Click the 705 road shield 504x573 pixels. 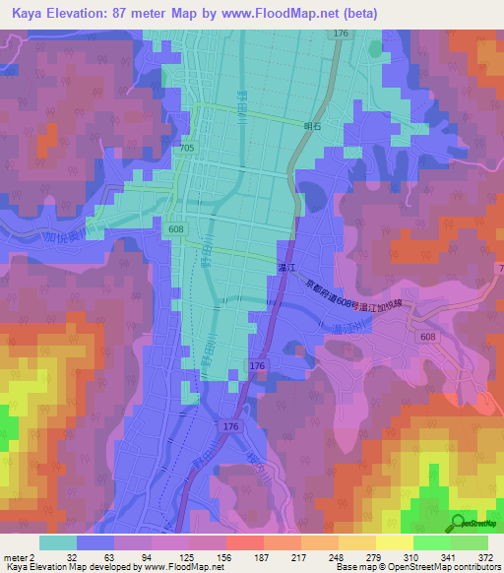click(187, 148)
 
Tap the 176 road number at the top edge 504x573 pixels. click(341, 33)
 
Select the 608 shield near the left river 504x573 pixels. click(174, 228)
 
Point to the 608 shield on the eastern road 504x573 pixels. click(427, 337)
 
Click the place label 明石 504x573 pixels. click(313, 126)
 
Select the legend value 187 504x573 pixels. click(244, 556)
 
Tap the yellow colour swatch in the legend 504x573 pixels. click(394, 542)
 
